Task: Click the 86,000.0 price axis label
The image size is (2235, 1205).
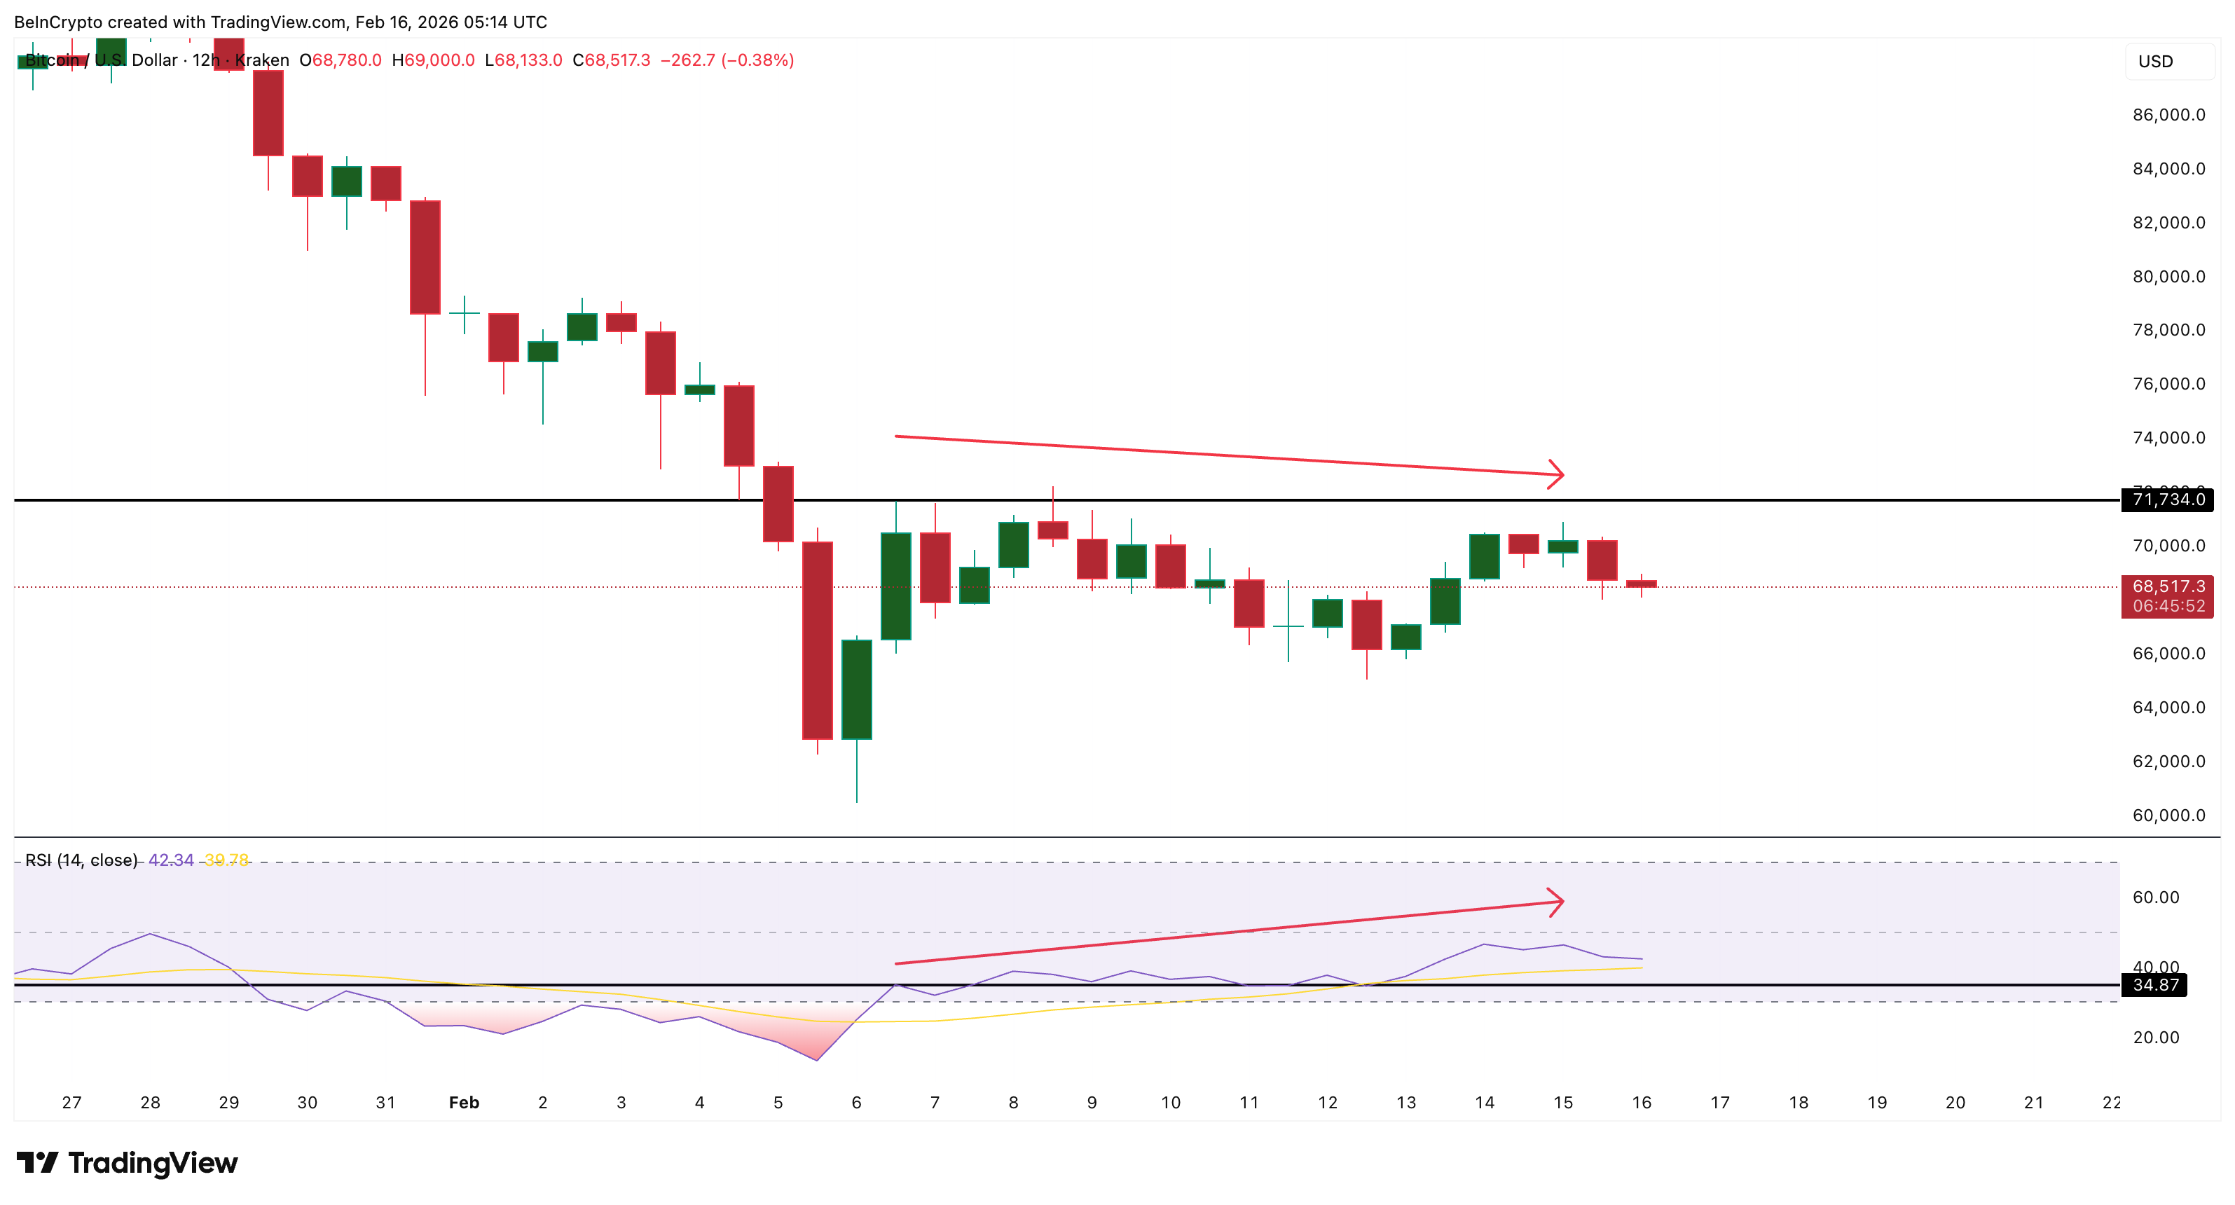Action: click(x=2168, y=114)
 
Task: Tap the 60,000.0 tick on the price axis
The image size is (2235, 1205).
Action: click(x=2168, y=815)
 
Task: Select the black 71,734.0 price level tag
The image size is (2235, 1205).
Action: click(x=2167, y=500)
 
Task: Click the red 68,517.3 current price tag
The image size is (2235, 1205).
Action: click(x=2167, y=587)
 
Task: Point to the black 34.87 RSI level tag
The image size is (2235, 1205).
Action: click(x=2155, y=984)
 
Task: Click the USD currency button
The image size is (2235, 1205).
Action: click(x=2155, y=62)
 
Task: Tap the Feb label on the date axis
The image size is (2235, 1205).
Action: click(x=465, y=1103)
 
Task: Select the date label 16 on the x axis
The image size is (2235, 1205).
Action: click(x=1642, y=1103)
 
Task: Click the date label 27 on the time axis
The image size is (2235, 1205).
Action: click(x=72, y=1103)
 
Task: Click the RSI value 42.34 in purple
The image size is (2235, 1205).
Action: click(x=171, y=860)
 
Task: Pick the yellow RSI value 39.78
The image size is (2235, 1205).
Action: click(x=226, y=860)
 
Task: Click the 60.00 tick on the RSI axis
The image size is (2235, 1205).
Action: click(x=2155, y=897)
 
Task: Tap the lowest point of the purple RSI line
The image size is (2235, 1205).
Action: click(x=818, y=1059)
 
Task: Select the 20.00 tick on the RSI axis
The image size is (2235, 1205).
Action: click(x=2155, y=1038)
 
